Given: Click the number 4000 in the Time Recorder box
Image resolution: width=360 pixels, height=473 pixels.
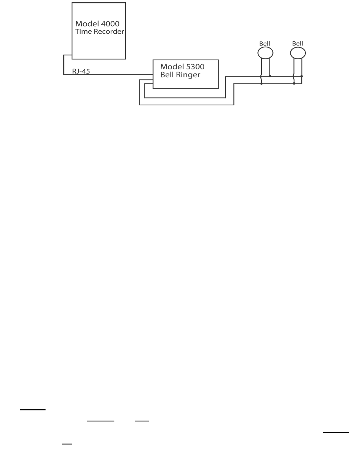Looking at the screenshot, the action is pyautogui.click(x=110, y=24).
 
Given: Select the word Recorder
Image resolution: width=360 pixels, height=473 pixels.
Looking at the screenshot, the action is pyautogui.click(x=109, y=31).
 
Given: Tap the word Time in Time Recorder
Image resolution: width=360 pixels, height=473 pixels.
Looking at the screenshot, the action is pyautogui.click(x=84, y=31).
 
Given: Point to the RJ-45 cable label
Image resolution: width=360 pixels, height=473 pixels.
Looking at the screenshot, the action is pyautogui.click(x=81, y=71).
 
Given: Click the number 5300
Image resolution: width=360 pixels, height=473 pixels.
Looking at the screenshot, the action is pyautogui.click(x=195, y=67).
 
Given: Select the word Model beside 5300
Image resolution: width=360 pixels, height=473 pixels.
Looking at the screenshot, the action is pyautogui.click(x=172, y=67).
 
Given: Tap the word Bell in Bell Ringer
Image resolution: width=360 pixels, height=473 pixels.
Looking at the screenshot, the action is pyautogui.click(x=167, y=75).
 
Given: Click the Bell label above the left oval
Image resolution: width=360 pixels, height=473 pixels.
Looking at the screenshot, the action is pyautogui.click(x=265, y=44).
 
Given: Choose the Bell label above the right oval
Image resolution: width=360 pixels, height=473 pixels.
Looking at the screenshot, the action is pyautogui.click(x=297, y=44).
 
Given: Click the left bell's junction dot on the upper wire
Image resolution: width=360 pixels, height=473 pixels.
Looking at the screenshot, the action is pyautogui.click(x=270, y=76).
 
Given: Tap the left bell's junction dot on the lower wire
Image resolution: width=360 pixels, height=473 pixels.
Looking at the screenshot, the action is pyautogui.click(x=261, y=84).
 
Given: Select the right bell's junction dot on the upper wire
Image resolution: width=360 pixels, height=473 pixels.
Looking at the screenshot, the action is pyautogui.click(x=302, y=76).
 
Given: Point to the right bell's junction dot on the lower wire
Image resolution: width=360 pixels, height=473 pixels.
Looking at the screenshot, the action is pyautogui.click(x=294, y=83).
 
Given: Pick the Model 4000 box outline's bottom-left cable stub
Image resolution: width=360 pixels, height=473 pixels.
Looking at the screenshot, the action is pyautogui.click(x=68, y=55).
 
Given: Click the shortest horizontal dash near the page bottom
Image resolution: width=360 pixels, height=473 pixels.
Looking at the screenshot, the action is pyautogui.click(x=67, y=444).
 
